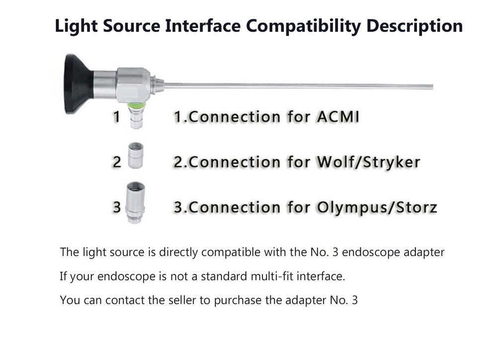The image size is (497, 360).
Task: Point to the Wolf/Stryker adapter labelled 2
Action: point(135,156)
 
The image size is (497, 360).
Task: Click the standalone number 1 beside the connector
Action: point(116,117)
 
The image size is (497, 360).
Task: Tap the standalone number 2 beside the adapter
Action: point(116,162)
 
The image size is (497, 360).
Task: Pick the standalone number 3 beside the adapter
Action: point(116,206)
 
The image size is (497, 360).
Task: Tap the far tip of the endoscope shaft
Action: point(431,87)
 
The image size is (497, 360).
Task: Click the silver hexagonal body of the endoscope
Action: point(133,84)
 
